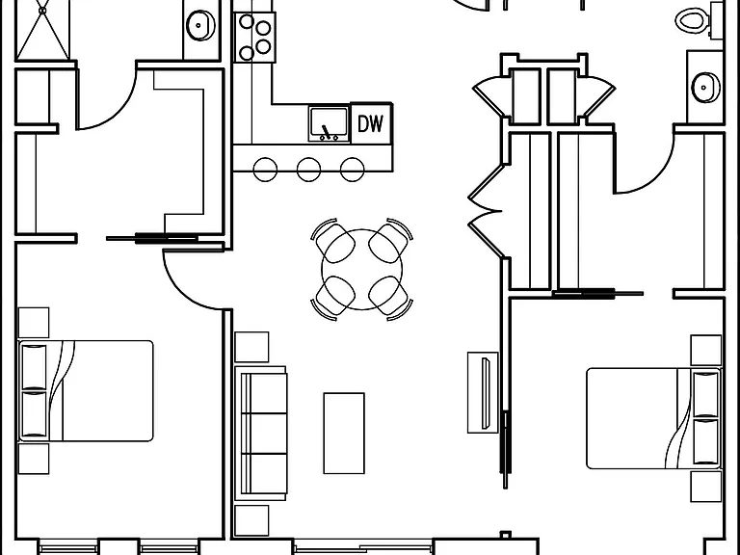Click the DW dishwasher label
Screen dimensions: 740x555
click(x=370, y=123)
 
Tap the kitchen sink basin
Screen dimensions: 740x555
click(x=330, y=124)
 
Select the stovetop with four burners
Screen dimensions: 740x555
click(x=254, y=38)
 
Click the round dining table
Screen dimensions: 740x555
click(x=362, y=270)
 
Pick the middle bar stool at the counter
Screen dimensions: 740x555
click(x=308, y=170)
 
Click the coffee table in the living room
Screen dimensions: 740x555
click(x=344, y=434)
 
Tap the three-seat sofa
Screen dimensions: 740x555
click(x=261, y=434)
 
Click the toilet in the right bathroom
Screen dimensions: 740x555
click(x=694, y=21)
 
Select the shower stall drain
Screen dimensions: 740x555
click(x=43, y=11)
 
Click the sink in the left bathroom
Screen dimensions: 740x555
click(x=200, y=25)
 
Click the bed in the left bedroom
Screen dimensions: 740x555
click(x=86, y=391)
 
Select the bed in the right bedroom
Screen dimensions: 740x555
click(x=654, y=418)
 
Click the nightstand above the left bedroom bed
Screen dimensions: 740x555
click(x=34, y=323)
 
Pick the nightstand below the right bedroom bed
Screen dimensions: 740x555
click(x=706, y=486)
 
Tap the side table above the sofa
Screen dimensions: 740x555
click(x=251, y=347)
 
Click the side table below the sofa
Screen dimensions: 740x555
click(x=251, y=521)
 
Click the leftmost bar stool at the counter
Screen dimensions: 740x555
click(x=265, y=170)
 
